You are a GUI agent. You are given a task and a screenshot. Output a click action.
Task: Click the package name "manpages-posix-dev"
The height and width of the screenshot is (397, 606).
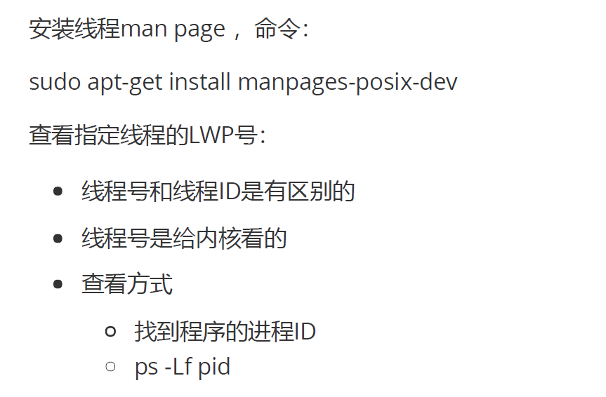[x=347, y=83]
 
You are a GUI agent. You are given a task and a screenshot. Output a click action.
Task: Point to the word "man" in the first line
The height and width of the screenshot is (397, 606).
[x=142, y=29]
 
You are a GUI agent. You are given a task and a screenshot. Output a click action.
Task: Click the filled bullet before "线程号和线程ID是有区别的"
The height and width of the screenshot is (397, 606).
[x=58, y=191]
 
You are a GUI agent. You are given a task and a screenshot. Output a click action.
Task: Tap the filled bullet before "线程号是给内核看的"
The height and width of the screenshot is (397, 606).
[x=58, y=238]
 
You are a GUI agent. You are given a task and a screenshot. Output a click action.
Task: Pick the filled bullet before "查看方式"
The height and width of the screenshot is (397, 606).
[x=58, y=285]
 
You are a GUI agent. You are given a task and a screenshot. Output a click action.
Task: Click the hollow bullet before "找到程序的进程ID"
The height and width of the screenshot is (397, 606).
[x=110, y=332]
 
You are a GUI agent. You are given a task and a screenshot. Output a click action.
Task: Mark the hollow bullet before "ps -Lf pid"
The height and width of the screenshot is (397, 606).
[x=110, y=366]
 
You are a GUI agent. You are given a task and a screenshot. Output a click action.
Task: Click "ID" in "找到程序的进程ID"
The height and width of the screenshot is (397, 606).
[x=305, y=332]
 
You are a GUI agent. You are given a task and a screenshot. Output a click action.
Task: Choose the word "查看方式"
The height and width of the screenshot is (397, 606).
[x=126, y=285]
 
